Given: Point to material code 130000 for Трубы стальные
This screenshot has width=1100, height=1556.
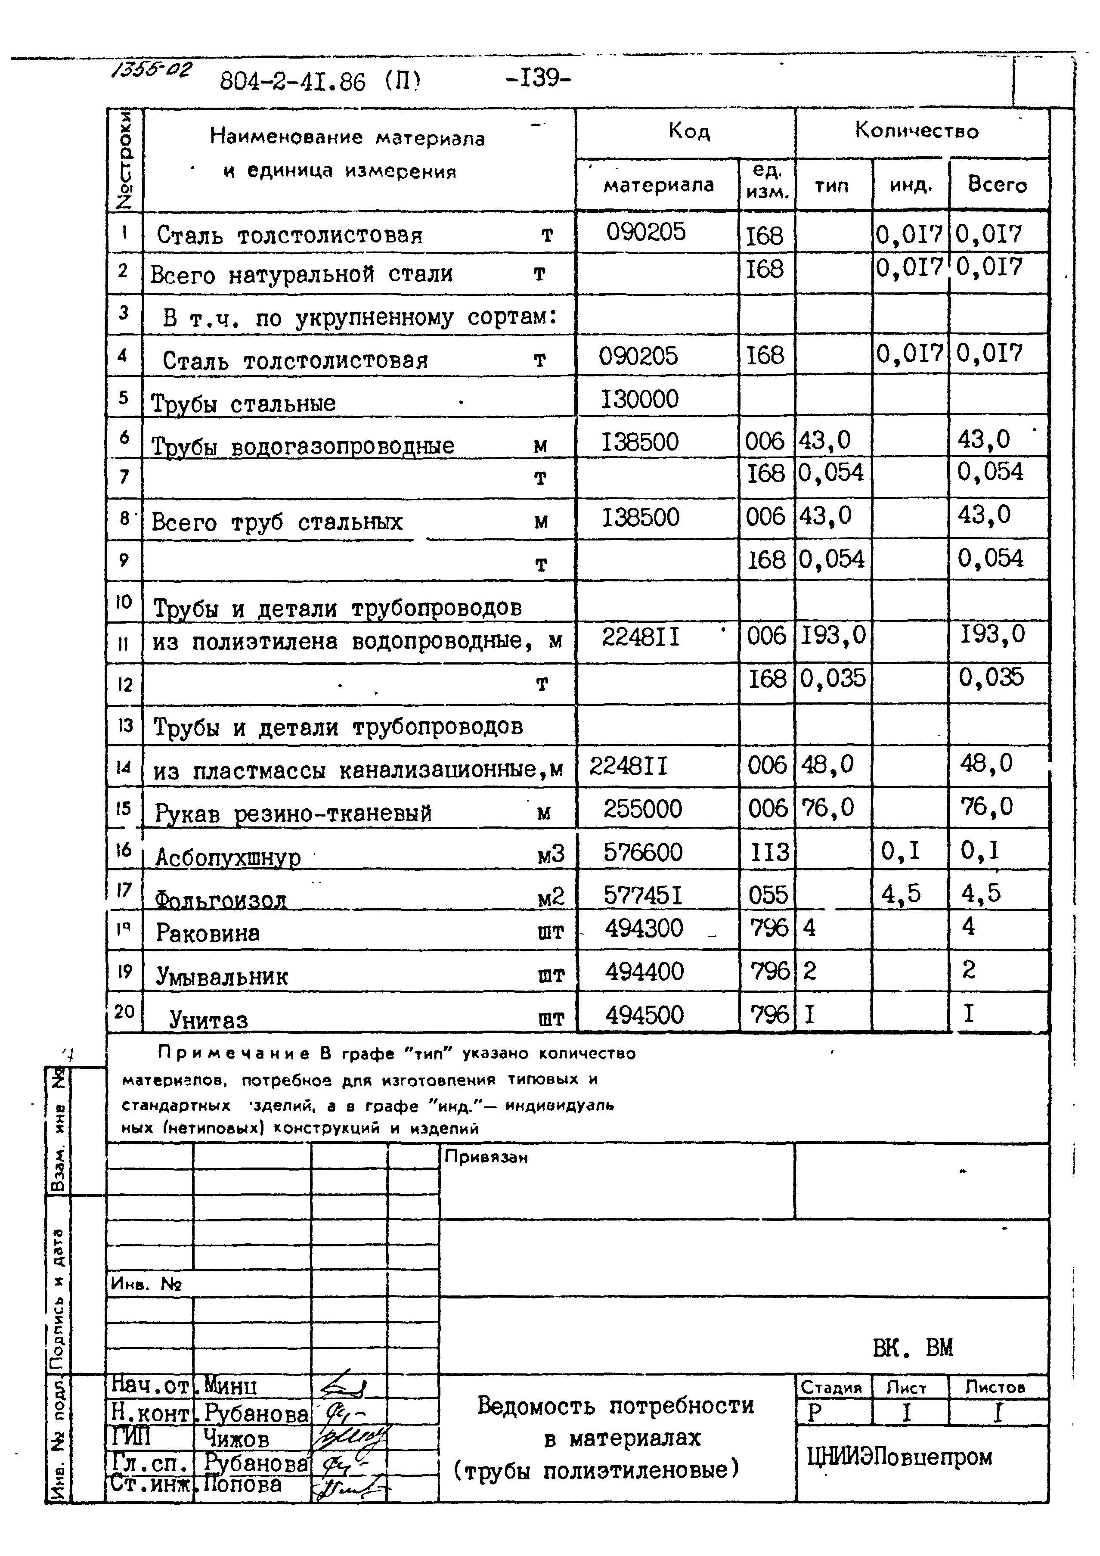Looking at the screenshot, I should pos(640,399).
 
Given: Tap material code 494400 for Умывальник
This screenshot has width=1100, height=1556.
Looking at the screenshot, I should pos(644,971).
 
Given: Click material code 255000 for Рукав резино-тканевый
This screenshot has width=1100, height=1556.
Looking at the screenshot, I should pos(643,808).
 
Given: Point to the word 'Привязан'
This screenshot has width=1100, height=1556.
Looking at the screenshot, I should pos(486,1157).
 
